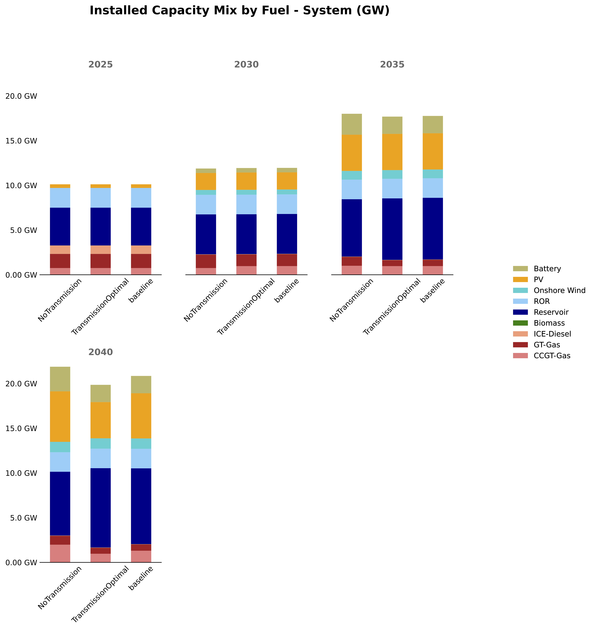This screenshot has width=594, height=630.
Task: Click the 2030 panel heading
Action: [x=246, y=65]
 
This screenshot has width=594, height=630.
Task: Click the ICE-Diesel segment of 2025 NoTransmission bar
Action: [x=60, y=250]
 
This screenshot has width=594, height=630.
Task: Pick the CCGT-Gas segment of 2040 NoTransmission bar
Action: [x=60, y=553]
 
